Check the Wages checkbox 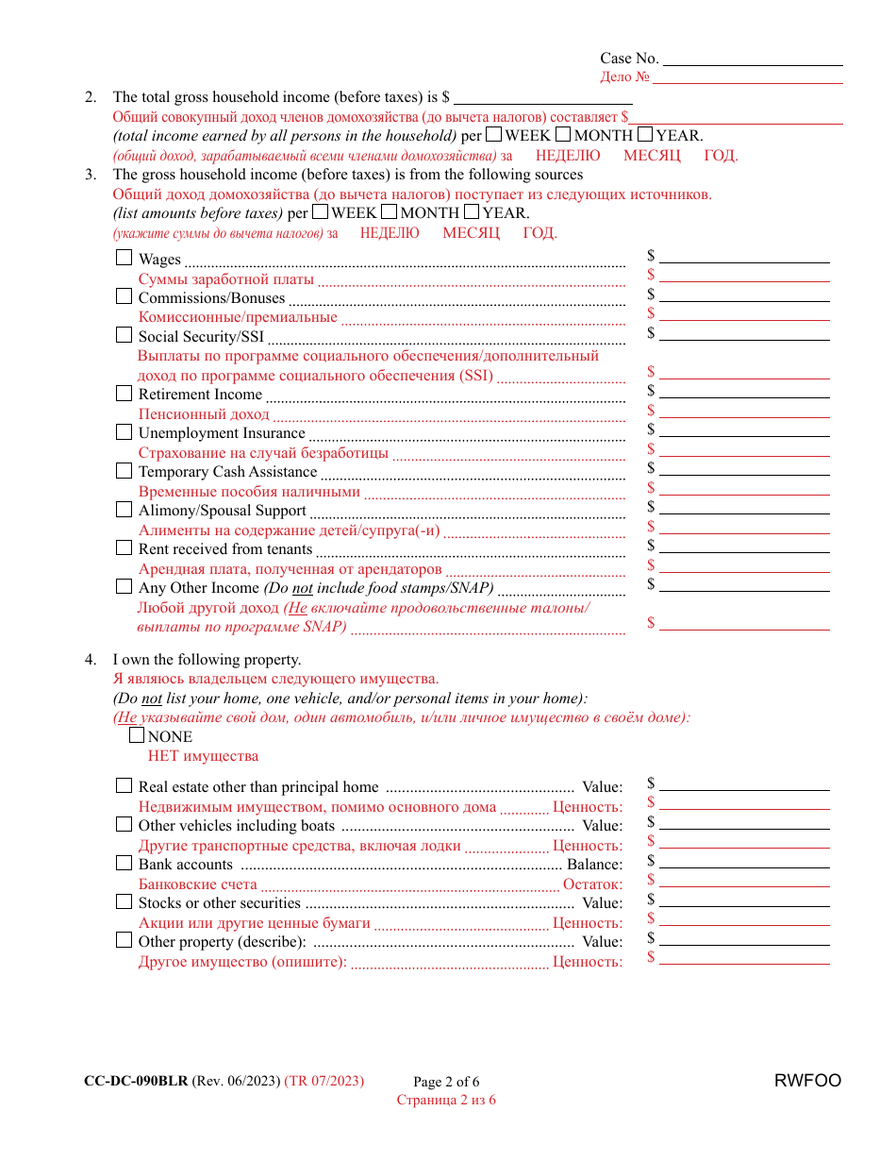tap(124, 257)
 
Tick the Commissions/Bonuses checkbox tap(124, 295)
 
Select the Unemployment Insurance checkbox tap(124, 431)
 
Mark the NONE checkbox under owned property tap(137, 735)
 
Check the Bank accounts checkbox tap(124, 862)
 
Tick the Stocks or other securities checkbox tap(124, 900)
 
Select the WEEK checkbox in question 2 tap(494, 134)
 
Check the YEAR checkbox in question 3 tap(472, 211)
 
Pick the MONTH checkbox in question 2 tap(563, 134)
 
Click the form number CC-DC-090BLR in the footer tap(136, 1081)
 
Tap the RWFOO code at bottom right tap(807, 1081)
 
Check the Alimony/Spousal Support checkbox tap(124, 509)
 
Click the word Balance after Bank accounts tap(594, 865)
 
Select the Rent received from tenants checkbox tap(124, 547)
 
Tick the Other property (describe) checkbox tap(124, 939)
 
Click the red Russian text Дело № tap(624, 77)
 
